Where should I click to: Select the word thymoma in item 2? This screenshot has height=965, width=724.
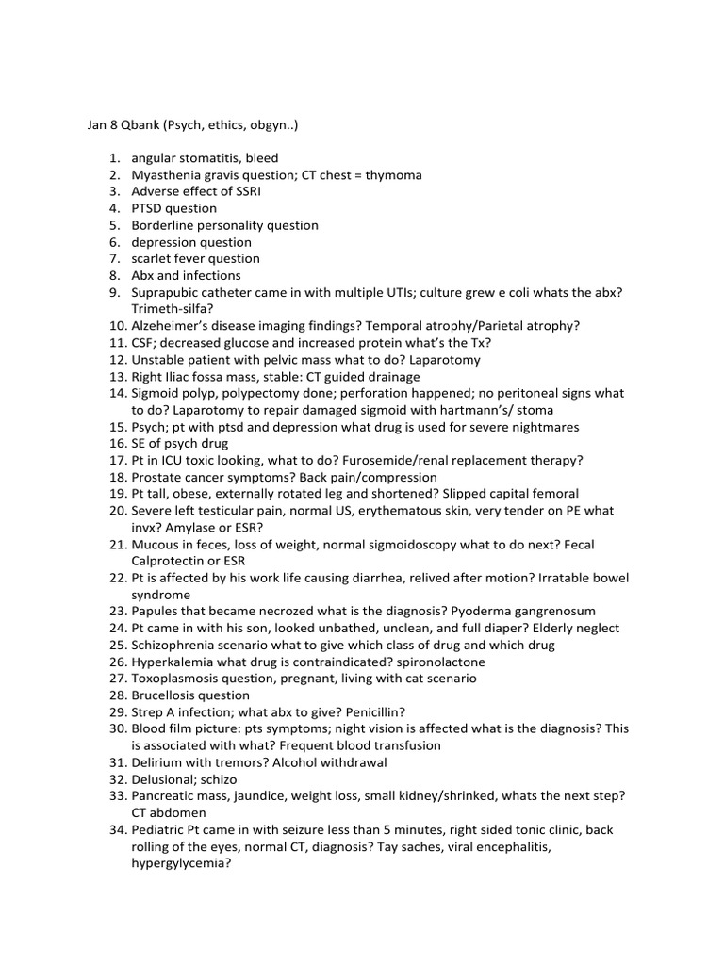pyautogui.click(x=395, y=175)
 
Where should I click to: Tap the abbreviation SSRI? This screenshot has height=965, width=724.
pyautogui.click(x=244, y=191)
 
